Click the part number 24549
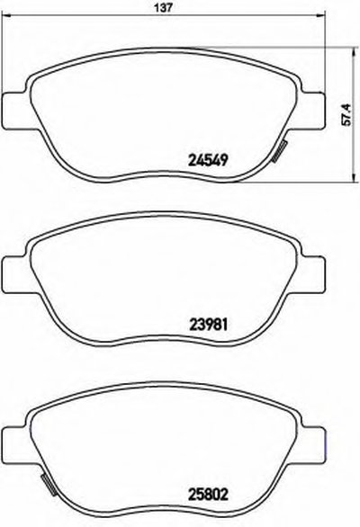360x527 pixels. click(x=208, y=160)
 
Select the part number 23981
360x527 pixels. click(x=208, y=325)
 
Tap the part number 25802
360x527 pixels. click(x=208, y=495)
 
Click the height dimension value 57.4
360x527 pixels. click(x=346, y=114)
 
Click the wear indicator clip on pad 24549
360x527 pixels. click(x=279, y=152)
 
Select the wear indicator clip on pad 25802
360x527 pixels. click(x=49, y=485)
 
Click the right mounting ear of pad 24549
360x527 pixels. click(x=312, y=110)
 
